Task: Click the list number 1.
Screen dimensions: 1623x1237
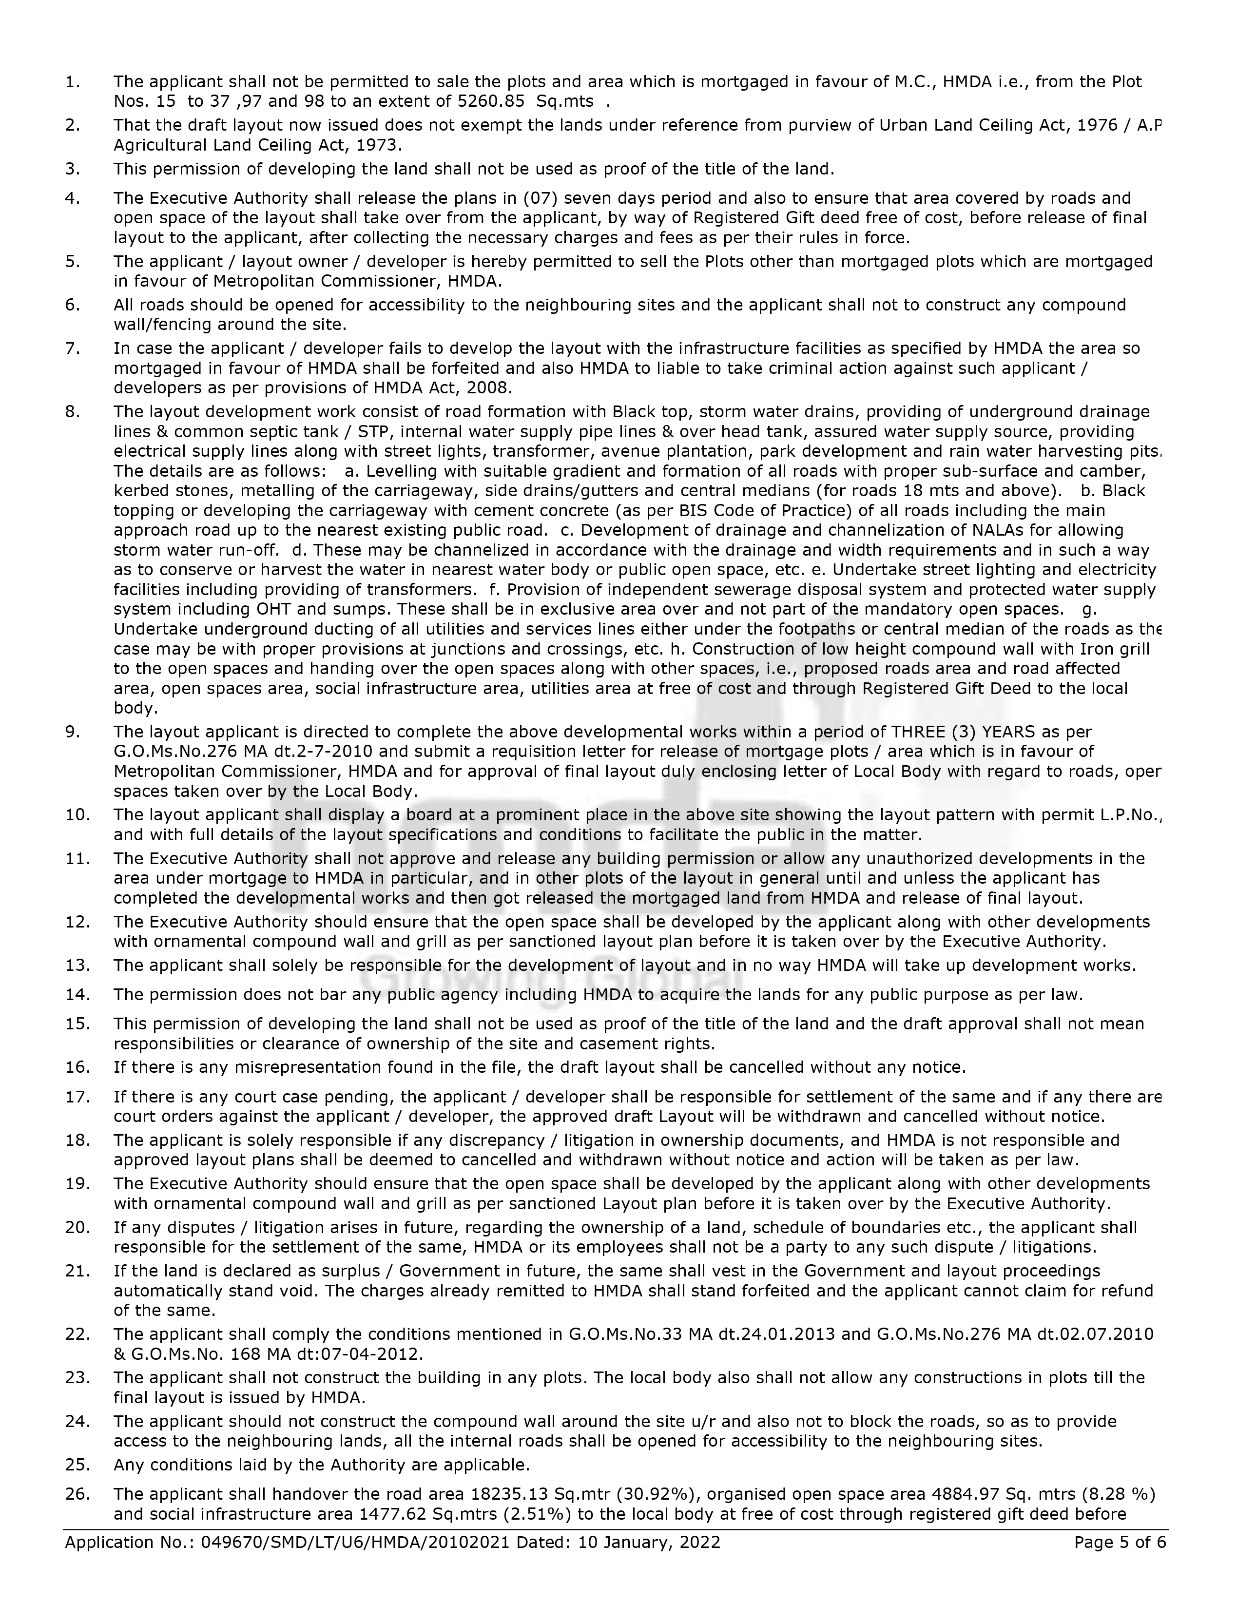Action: (72, 82)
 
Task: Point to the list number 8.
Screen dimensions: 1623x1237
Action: (72, 412)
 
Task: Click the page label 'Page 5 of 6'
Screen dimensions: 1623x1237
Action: (1120, 1542)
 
